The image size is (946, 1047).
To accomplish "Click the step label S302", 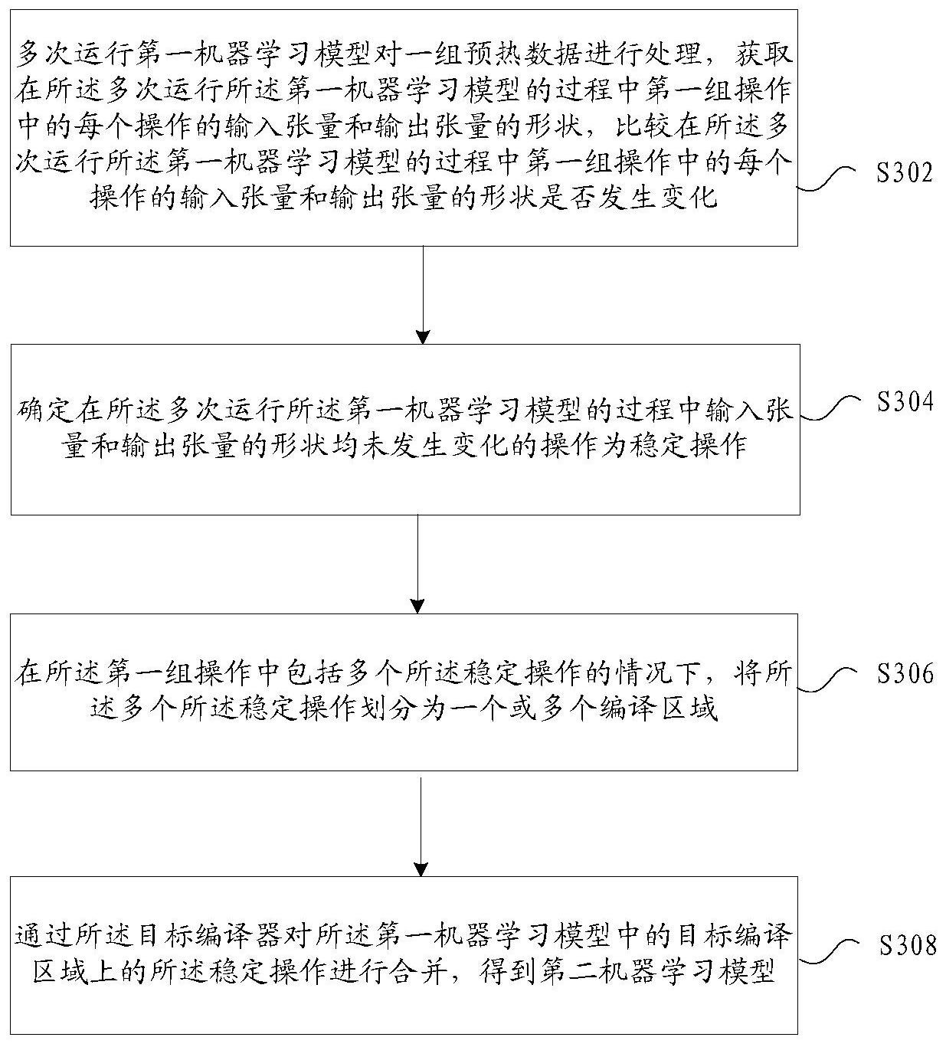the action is click(904, 173).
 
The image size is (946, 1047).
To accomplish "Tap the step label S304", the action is click(905, 401).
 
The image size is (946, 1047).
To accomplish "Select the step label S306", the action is click(905, 673).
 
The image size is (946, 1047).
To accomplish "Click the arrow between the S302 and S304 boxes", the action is click(423, 295).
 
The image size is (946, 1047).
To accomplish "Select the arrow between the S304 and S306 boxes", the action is click(417, 564).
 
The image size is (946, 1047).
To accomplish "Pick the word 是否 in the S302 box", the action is click(538, 198).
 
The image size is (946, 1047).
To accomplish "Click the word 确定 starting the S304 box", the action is click(45, 411).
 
